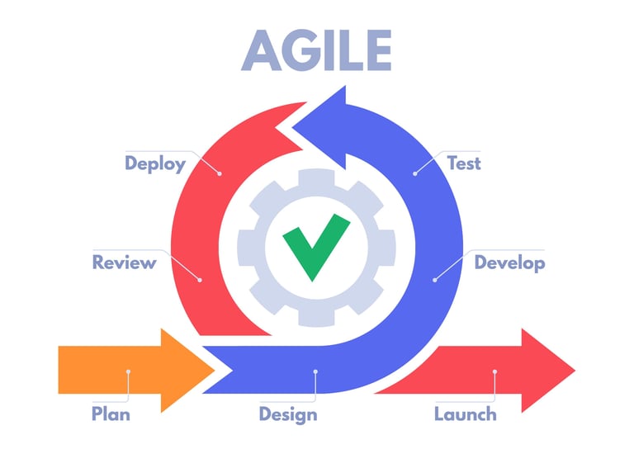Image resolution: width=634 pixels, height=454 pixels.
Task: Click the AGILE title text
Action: point(317,50)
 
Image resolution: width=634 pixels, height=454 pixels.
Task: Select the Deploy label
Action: point(155,163)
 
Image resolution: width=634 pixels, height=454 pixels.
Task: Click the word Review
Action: point(124,263)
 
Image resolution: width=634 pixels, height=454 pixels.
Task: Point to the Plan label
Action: point(111,414)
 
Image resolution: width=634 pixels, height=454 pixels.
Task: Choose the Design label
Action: point(287,414)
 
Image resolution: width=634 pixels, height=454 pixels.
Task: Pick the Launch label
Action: point(466,414)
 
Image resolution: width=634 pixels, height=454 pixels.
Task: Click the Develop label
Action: point(509,263)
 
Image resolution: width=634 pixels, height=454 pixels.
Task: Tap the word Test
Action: point(463,163)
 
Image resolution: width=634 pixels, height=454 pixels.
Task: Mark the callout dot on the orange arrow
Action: point(129,371)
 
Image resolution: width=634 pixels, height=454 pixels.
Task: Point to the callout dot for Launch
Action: point(494,371)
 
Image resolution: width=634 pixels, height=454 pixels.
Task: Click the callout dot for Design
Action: point(315,371)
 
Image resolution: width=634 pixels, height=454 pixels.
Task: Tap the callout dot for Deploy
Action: point(220,173)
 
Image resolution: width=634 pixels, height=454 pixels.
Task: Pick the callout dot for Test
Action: point(414,173)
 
